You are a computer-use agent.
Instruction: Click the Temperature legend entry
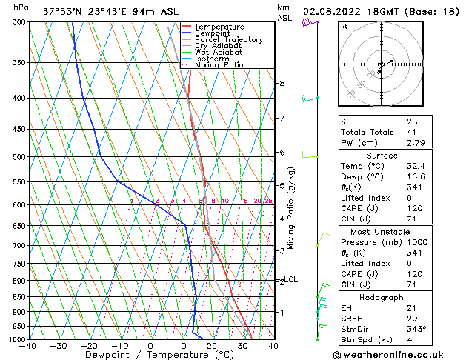[x=220, y=27]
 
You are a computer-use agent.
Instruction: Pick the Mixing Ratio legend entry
[x=219, y=65]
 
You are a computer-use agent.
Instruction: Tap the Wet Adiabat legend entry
[x=218, y=53]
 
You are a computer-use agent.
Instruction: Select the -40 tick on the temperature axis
[x=28, y=346]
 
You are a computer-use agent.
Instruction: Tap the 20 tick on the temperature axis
[x=211, y=346]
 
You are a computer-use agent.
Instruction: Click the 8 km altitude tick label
[x=282, y=84]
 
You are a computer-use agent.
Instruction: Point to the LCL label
[x=291, y=280]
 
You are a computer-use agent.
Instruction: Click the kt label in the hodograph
[x=344, y=27]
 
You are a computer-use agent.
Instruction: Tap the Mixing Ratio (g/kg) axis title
[x=290, y=207]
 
